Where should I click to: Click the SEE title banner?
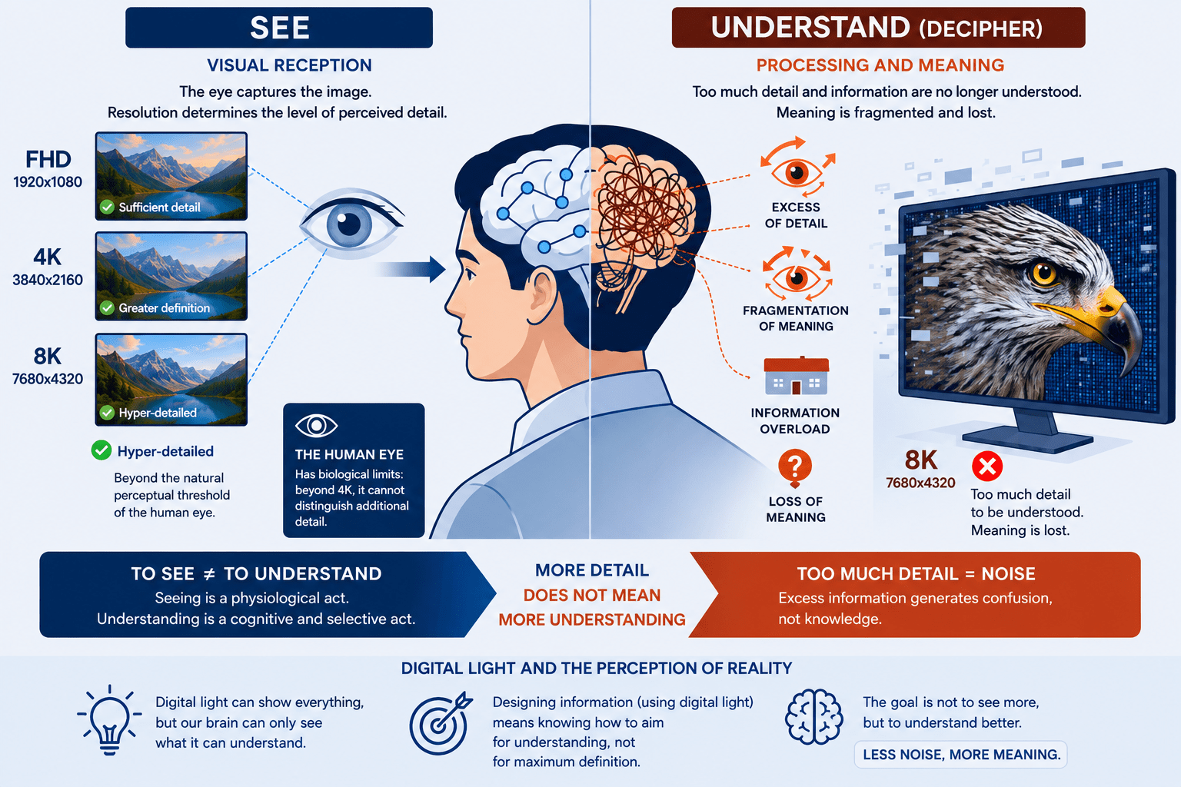tap(279, 28)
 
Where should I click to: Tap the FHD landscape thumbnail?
tap(171, 175)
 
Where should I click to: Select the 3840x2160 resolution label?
tap(48, 280)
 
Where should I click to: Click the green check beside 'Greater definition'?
tap(107, 308)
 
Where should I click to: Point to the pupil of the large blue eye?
tap(348, 224)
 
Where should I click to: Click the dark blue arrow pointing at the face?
tap(411, 269)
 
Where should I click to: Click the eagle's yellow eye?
tap(1043, 273)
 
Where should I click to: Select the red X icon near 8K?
tap(987, 466)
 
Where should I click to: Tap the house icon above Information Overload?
tap(796, 376)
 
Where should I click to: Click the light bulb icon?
tap(109, 720)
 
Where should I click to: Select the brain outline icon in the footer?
tap(814, 716)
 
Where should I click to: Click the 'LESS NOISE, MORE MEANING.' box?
tap(960, 754)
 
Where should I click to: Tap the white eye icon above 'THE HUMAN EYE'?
tap(316, 425)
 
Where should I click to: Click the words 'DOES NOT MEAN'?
tap(591, 595)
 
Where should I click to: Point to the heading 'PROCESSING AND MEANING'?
tap(880, 65)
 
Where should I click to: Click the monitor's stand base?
tap(1028, 441)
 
